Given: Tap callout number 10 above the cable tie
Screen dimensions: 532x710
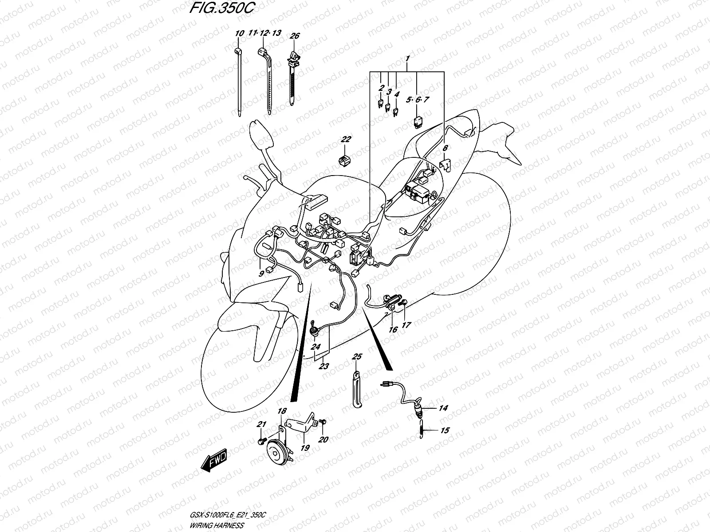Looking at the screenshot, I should [x=239, y=33].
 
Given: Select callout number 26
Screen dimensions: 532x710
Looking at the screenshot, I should [x=295, y=36].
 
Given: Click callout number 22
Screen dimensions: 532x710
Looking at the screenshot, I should [x=346, y=139].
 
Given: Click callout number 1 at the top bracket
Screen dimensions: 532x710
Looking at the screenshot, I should [x=407, y=59].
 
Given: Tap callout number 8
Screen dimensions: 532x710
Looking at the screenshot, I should [x=445, y=149].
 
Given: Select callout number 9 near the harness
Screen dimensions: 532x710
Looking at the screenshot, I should [x=261, y=274].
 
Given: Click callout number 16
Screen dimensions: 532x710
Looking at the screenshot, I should [x=393, y=329].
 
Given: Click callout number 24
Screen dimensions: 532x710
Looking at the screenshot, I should [x=316, y=347].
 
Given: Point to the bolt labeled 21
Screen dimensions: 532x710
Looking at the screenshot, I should [x=261, y=441].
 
